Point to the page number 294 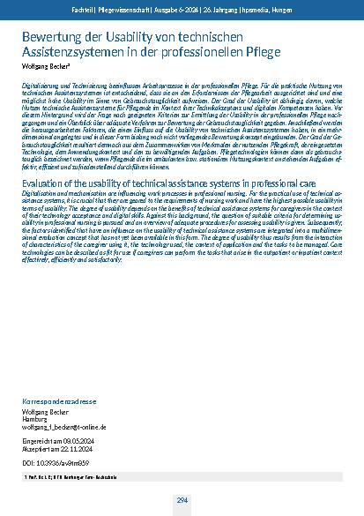pyautogui.click(x=182, y=500)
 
